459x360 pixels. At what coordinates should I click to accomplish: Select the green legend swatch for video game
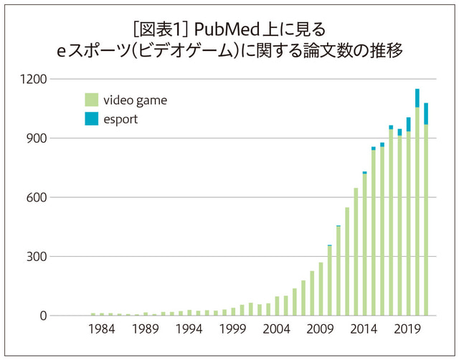(x=91, y=100)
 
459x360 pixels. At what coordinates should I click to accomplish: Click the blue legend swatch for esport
(x=91, y=120)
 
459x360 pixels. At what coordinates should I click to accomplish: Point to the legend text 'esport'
(x=120, y=120)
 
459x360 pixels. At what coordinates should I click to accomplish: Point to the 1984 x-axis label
(x=102, y=331)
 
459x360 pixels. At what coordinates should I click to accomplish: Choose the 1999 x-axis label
(x=233, y=331)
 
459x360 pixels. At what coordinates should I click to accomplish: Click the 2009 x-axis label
(x=321, y=331)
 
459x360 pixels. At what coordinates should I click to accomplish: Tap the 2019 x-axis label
(x=408, y=331)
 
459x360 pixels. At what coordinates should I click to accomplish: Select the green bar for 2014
(x=364, y=244)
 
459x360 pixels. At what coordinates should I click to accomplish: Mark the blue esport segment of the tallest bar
(x=417, y=98)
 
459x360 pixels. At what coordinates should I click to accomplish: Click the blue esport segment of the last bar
(x=426, y=113)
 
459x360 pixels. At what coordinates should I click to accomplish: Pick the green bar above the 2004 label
(x=277, y=306)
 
